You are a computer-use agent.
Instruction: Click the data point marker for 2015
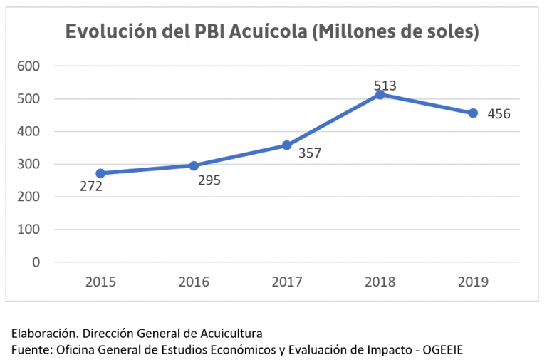coord(100,173)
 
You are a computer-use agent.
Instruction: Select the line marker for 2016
coord(194,165)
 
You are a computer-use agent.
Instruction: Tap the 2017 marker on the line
coord(286,145)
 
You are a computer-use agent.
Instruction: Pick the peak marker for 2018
coord(380,94)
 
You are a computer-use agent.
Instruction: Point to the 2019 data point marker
coord(473,113)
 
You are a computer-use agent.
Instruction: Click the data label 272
coord(91,187)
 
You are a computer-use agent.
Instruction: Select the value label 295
coord(209,180)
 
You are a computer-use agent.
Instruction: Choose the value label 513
coord(385,86)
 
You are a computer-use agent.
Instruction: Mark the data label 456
coord(499,114)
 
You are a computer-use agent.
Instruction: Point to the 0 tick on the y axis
coord(36,262)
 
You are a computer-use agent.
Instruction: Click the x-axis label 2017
coord(286,282)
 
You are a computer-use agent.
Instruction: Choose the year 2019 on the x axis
coord(473,282)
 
